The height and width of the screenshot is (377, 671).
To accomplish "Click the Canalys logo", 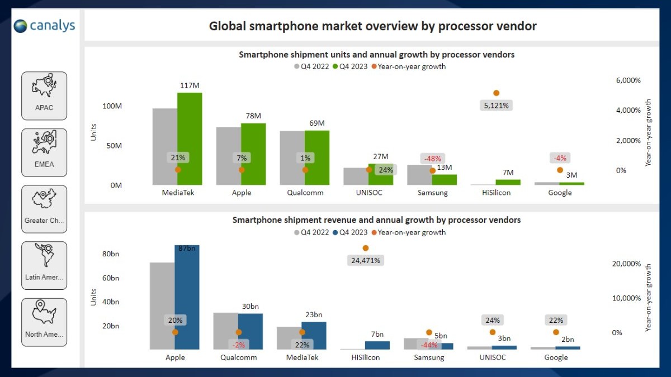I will pyautogui.click(x=44, y=26).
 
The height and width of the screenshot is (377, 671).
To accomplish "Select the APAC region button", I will pyautogui.click(x=44, y=96).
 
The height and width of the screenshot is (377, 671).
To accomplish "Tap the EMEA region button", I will pyautogui.click(x=44, y=152).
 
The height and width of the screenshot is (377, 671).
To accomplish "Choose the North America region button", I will pyautogui.click(x=44, y=322).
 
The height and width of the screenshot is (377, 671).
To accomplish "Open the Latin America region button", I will pyautogui.click(x=44, y=265).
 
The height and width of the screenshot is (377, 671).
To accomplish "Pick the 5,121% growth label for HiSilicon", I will pyautogui.click(x=496, y=105).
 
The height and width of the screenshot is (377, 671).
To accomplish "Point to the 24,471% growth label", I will pyautogui.click(x=365, y=260).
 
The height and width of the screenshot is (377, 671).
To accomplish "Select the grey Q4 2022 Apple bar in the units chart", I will pyautogui.click(x=229, y=156).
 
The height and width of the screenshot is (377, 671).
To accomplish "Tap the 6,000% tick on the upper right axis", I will pyautogui.click(x=628, y=80).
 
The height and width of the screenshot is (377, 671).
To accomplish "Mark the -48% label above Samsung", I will pyautogui.click(x=433, y=158).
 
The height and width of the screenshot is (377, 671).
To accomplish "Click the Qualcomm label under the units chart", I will pyautogui.click(x=305, y=193).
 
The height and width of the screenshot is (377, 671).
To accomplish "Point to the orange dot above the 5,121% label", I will pyautogui.click(x=496, y=93).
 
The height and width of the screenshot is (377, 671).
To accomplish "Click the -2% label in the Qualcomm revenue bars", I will pyautogui.click(x=238, y=345).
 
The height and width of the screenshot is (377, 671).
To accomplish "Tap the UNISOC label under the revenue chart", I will pyautogui.click(x=492, y=357).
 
